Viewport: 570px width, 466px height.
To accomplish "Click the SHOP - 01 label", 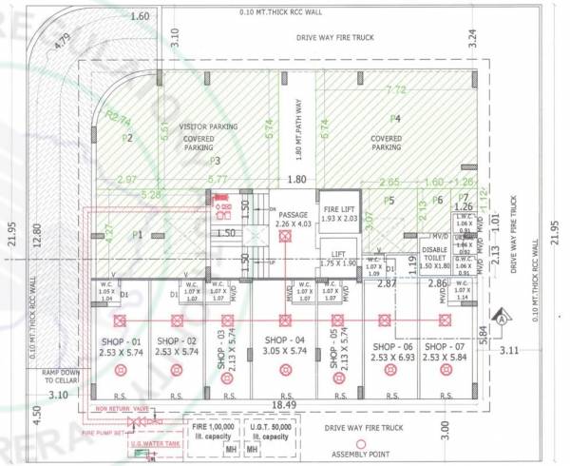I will (x=121, y=346).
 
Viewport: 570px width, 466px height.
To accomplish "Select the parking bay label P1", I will (x=137, y=234).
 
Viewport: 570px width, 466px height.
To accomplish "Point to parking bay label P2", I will (x=125, y=137).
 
